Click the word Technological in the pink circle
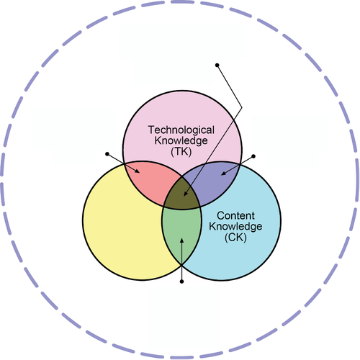coord(181,130)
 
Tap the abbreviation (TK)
coord(181,152)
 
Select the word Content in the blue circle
coord(235,215)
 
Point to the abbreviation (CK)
coord(235,238)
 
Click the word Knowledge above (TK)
coord(181,140)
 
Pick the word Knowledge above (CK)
coord(235,226)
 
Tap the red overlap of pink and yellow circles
coord(150,181)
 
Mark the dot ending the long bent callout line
coord(217,65)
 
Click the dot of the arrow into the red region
coord(107,154)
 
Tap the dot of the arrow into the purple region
coord(253,156)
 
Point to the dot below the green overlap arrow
coord(181,282)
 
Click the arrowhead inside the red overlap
coord(137,171)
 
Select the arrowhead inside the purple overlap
coord(223,174)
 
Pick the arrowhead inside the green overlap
coord(181,240)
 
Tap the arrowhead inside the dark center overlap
coord(185,194)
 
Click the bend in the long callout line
coord(241,107)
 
